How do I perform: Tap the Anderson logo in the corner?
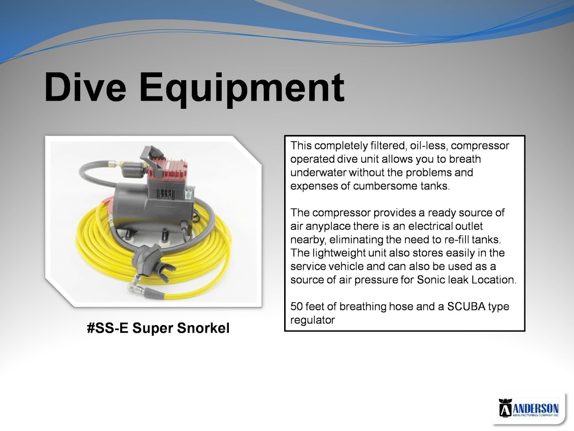tap(529, 408)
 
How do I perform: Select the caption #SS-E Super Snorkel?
tap(158, 328)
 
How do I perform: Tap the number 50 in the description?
tap(297, 306)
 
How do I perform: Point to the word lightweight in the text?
tap(340, 253)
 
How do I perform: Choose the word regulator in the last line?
tap(312, 320)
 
